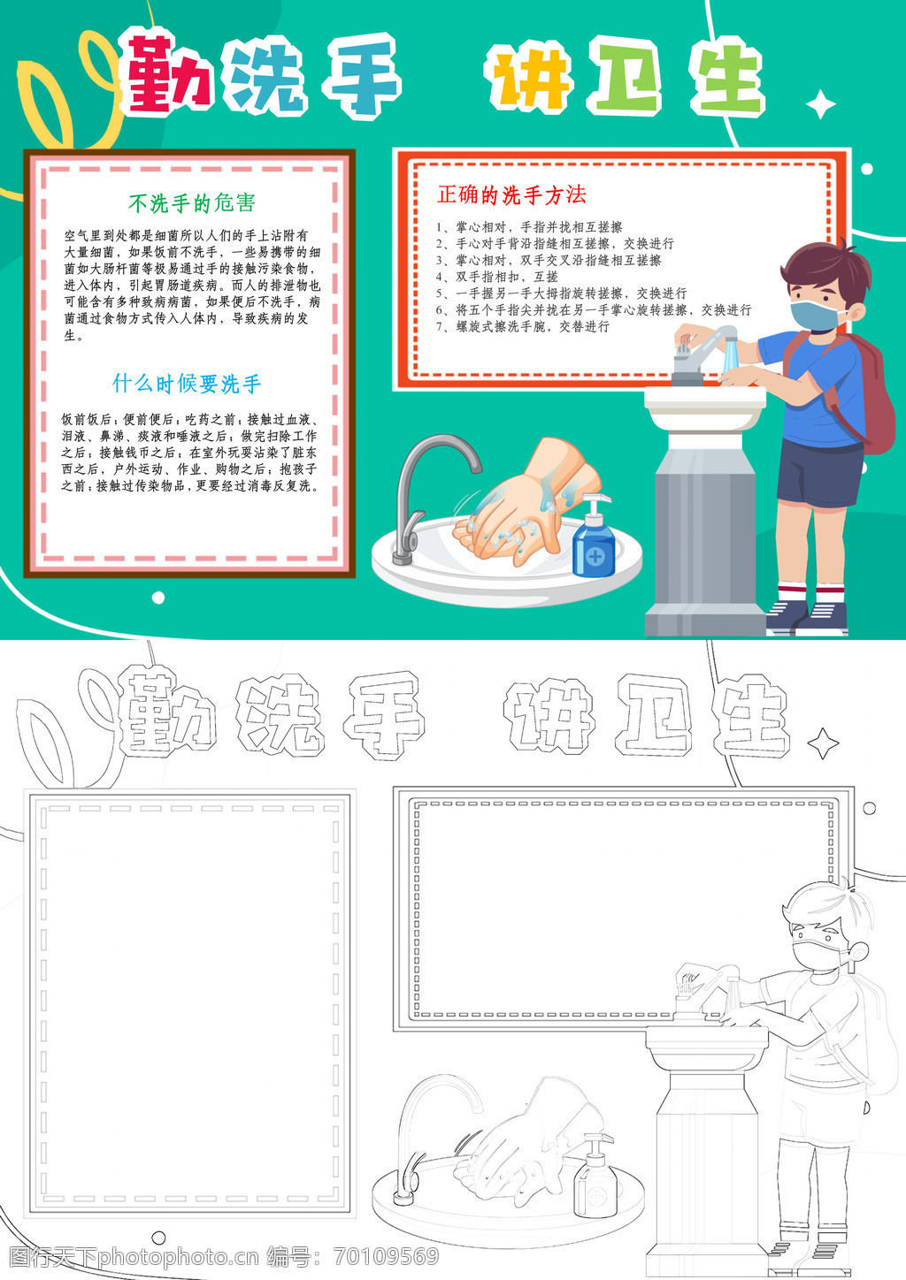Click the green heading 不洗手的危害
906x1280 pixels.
192,202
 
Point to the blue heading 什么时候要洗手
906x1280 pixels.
187,384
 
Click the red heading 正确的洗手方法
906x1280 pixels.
512,194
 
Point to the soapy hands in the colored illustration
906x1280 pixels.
519,503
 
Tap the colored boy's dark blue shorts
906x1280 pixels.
819,472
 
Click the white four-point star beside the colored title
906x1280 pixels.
821,104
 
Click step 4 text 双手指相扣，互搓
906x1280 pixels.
497,277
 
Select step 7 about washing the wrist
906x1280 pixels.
523,326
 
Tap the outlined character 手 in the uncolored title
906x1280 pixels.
384,715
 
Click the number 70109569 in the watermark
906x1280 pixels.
386,1256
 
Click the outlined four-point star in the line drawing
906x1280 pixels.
823,743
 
